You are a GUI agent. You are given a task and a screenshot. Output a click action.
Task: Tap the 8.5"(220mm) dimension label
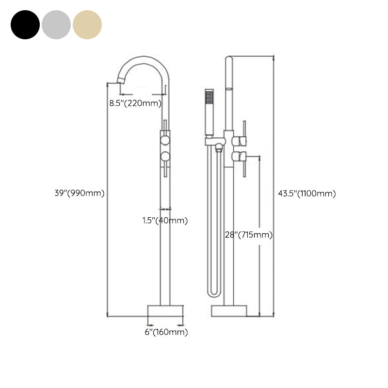(x=135, y=103)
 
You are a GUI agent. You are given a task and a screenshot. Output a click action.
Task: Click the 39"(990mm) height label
(x=79, y=193)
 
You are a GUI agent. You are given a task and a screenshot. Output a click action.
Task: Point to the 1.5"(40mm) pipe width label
(x=165, y=221)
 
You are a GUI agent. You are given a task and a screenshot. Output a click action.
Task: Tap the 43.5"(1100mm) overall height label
(x=307, y=193)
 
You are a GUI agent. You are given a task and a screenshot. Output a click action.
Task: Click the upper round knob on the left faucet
(x=165, y=140)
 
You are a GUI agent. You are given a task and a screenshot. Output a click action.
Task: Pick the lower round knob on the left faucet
(x=165, y=156)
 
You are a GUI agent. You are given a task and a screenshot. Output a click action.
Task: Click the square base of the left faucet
(x=165, y=311)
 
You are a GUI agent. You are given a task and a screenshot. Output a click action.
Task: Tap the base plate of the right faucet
(x=229, y=311)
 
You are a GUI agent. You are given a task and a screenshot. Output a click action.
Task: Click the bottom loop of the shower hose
(x=214, y=293)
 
